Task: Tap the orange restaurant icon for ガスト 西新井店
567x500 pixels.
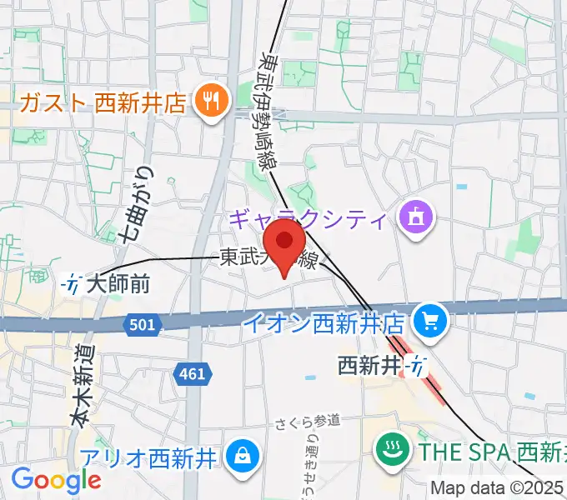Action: click(x=208, y=102)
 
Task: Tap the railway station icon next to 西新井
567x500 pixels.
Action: click(x=416, y=364)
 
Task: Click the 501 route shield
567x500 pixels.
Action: click(x=143, y=324)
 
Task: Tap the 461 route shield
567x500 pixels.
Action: click(x=192, y=374)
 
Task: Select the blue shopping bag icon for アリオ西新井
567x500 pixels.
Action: click(x=241, y=455)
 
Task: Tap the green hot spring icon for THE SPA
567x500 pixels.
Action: click(x=389, y=452)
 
